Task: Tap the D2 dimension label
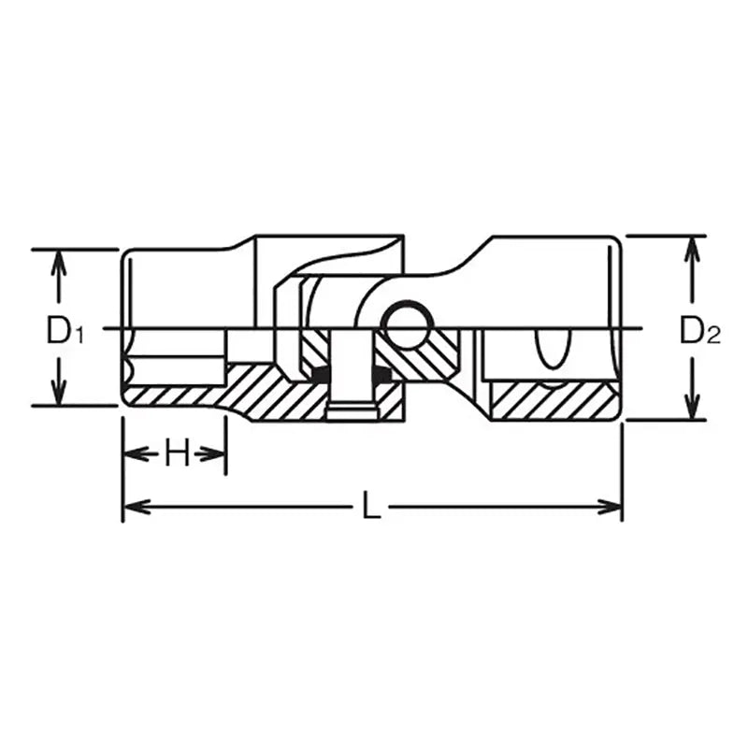(699, 329)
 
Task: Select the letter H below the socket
(175, 454)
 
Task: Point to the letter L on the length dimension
(371, 508)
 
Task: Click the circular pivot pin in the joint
(407, 324)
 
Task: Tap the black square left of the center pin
(321, 375)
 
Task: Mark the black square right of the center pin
(381, 375)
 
